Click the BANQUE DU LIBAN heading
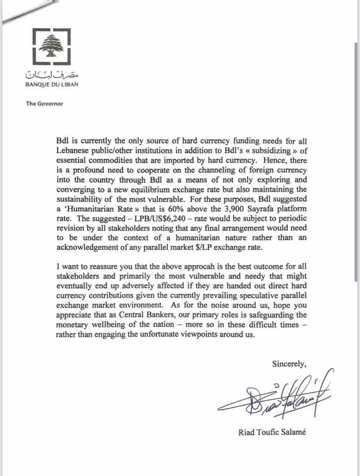[x=51, y=85]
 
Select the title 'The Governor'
[x=45, y=103]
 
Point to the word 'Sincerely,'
[x=289, y=364]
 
